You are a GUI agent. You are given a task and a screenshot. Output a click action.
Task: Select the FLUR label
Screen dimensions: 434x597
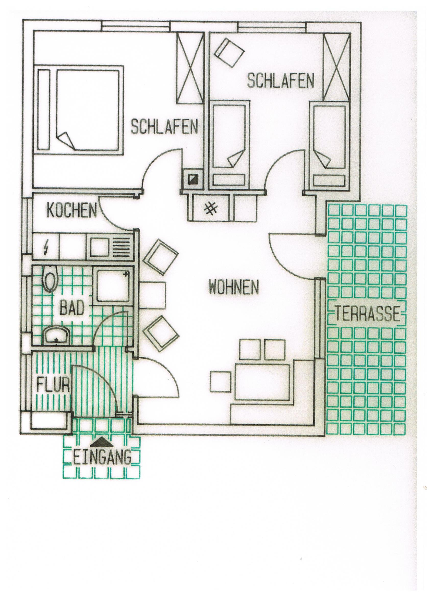point(53,385)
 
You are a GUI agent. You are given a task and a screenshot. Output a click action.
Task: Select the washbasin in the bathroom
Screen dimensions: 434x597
point(56,335)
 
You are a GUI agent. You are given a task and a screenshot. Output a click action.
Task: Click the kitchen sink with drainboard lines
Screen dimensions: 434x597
point(110,248)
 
